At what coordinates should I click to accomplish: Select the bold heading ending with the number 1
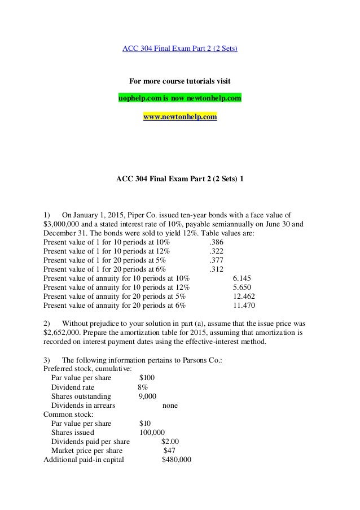coord(180,179)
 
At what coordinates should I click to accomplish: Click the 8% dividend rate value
coord(143,387)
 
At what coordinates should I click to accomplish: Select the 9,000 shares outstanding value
coord(147,396)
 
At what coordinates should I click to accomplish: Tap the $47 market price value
coord(169,451)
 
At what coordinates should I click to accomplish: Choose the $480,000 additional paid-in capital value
coord(177,460)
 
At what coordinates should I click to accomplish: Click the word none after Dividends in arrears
coord(170,406)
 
